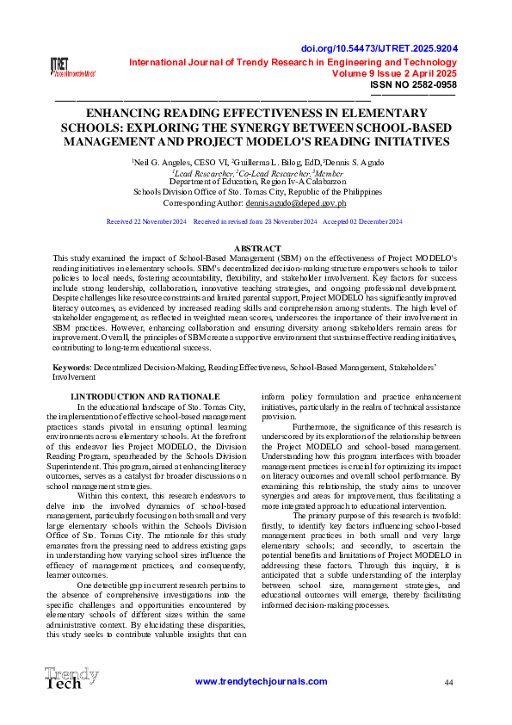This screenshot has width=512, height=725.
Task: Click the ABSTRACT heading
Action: click(x=256, y=247)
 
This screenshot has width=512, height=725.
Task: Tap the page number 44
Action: click(x=448, y=682)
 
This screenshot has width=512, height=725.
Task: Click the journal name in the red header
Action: click(x=293, y=62)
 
